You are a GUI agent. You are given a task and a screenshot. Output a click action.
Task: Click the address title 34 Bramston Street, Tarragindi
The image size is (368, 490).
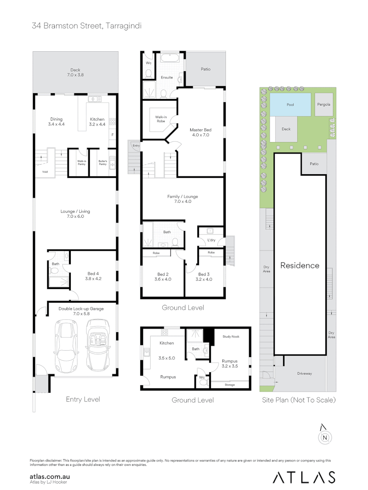pyautogui.click(x=87, y=26)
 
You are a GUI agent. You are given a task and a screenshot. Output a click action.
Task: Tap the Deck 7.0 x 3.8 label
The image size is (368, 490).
pyautogui.click(x=75, y=73)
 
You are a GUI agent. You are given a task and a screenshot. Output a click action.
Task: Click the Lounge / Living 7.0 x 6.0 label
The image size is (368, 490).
pyautogui.click(x=75, y=214)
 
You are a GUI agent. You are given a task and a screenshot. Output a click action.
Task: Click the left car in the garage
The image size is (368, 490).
pyautogui.click(x=66, y=346)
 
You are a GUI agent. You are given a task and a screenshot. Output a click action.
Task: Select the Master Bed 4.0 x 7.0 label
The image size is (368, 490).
pyautogui.click(x=201, y=132)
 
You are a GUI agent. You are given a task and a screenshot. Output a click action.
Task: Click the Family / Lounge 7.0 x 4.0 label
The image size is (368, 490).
pyautogui.click(x=182, y=199)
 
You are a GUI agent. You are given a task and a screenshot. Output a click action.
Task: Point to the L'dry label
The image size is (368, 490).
pyautogui.click(x=211, y=240)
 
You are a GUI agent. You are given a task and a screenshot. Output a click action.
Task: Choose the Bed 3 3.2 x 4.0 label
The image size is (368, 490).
pyautogui.click(x=205, y=277)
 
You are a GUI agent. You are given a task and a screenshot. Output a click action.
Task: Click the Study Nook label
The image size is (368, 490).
pyautogui.click(x=231, y=337)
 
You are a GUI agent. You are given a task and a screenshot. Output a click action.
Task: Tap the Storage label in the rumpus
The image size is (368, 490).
pyautogui.click(x=230, y=384)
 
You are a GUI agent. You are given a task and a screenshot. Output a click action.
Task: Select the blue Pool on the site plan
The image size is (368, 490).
pyautogui.click(x=290, y=105)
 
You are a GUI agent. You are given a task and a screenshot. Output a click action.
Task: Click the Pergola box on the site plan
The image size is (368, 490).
pyautogui.click(x=324, y=104)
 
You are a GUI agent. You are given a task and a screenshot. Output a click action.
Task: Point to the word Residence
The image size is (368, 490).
pyautogui.click(x=299, y=265)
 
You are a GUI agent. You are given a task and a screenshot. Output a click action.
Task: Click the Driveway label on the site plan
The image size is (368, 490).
pyautogui.click(x=304, y=374)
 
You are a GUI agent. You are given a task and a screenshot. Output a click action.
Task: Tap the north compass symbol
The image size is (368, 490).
pyautogui.click(x=324, y=435)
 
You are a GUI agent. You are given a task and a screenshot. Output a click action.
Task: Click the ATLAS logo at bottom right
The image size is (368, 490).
pyautogui.click(x=304, y=477)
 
